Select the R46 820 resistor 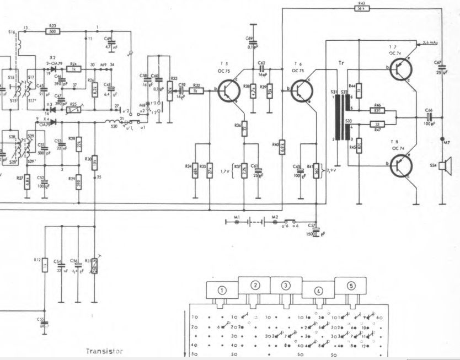coord(378,110)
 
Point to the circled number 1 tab coord(222,290)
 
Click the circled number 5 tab coord(351,286)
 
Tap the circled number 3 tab coord(286,286)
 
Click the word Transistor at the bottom coord(104,351)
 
